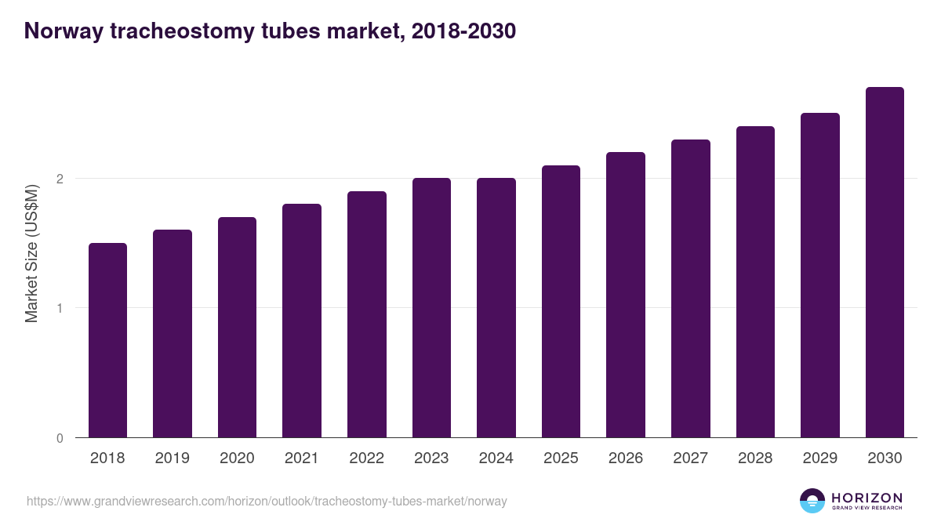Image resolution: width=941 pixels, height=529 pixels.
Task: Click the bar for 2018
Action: [x=107, y=340]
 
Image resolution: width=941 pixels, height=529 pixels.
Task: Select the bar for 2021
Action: [x=302, y=321]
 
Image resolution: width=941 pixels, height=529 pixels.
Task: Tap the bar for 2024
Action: [x=496, y=307]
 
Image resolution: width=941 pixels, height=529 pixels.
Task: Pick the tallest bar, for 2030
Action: [x=885, y=262]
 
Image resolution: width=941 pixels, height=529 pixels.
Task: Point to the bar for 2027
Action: [x=691, y=288]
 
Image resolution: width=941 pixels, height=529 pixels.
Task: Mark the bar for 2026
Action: [x=626, y=295]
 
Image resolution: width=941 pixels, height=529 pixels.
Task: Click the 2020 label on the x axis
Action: [x=237, y=458]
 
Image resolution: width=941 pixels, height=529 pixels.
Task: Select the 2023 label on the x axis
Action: [x=431, y=458]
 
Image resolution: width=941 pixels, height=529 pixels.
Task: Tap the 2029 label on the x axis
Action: [x=820, y=458]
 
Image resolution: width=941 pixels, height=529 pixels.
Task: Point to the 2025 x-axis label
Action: [x=561, y=458]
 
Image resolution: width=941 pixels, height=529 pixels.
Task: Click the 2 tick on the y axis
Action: [x=59, y=179]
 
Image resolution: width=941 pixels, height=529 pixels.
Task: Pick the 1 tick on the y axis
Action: [x=59, y=308]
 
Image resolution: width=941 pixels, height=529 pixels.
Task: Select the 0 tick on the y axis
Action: [x=59, y=438]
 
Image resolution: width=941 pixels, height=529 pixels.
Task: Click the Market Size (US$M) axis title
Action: [x=31, y=252]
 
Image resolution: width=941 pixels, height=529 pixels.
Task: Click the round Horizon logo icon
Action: [x=812, y=501]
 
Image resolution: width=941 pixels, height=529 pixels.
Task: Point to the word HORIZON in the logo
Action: [x=867, y=498]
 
